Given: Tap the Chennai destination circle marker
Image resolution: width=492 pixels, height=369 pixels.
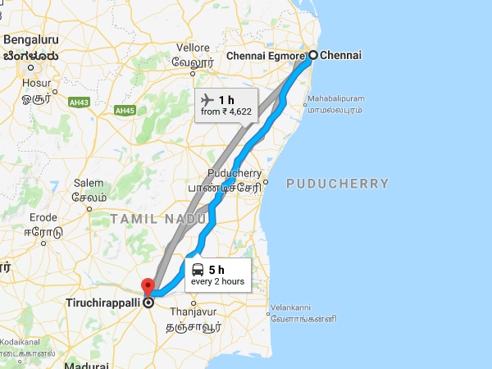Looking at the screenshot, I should click(312, 56).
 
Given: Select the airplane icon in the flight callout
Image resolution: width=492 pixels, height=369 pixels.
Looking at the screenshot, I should click(208, 98).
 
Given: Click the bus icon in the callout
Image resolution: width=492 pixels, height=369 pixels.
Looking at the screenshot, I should click(198, 269).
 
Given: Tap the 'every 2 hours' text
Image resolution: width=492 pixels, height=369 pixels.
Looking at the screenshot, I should click(217, 282).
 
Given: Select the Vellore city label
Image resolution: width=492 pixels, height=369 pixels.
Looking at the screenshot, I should click(192, 48).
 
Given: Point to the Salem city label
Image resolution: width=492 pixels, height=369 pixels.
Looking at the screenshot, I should click(89, 183).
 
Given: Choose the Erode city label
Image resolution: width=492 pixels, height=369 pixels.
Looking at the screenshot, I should click(43, 217).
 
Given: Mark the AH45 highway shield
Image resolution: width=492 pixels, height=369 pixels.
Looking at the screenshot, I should click(125, 110).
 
